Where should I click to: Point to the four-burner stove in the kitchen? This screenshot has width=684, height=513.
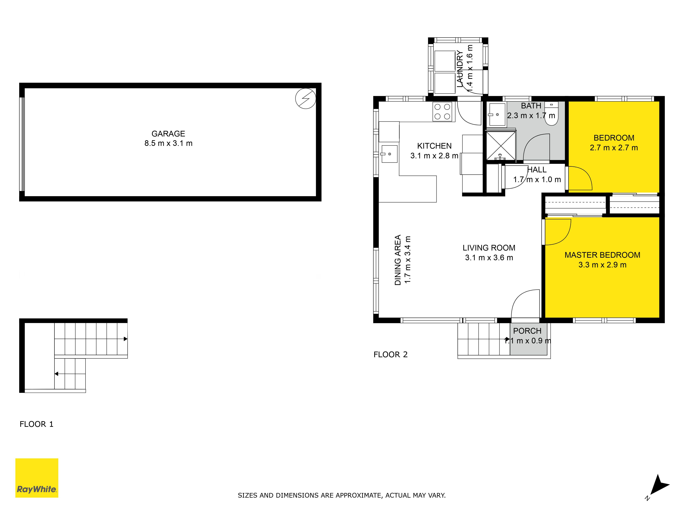coord(442,112)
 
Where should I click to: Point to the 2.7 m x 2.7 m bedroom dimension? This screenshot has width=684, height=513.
coord(614,148)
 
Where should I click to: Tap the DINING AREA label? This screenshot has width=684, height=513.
coord(398,260)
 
